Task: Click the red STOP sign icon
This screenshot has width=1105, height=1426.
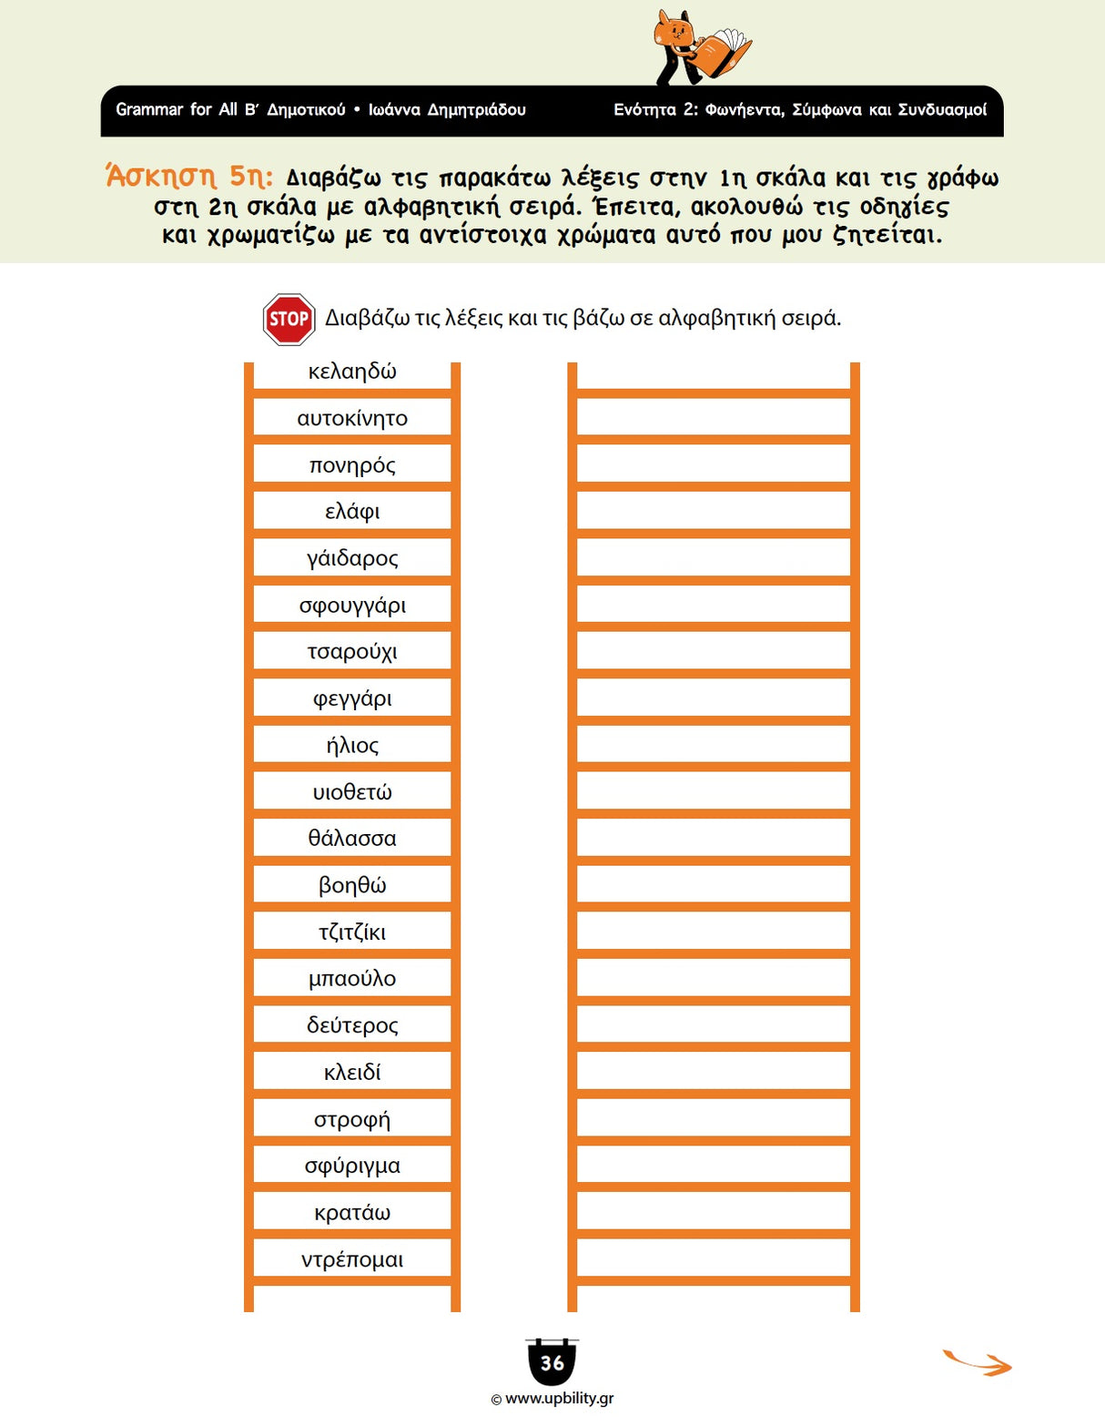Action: pyautogui.click(x=289, y=319)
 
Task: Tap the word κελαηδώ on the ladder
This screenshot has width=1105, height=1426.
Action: pyautogui.click(x=352, y=372)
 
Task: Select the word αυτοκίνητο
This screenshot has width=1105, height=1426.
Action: pyautogui.click(x=352, y=419)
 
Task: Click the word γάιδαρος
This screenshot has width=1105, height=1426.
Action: pyautogui.click(x=352, y=558)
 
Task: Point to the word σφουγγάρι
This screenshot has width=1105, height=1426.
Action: pyautogui.click(x=352, y=606)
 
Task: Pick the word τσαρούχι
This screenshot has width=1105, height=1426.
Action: pyautogui.click(x=352, y=652)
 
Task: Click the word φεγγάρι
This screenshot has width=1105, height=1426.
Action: pyautogui.click(x=352, y=699)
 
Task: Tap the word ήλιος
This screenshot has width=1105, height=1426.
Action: pyautogui.click(x=352, y=746)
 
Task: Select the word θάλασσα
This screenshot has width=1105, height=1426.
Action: pyautogui.click(x=352, y=839)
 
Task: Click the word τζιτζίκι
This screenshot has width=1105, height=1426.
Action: pyautogui.click(x=352, y=932)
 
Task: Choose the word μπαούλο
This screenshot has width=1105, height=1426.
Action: pyautogui.click(x=352, y=979)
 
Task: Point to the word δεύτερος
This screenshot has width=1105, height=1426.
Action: pyautogui.click(x=352, y=1026)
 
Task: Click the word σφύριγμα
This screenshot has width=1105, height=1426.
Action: pyautogui.click(x=352, y=1166)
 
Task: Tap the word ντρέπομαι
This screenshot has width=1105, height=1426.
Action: pyautogui.click(x=352, y=1260)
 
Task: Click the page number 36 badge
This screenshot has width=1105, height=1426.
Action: pyautogui.click(x=552, y=1362)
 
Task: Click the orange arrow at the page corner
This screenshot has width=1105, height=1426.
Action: pyautogui.click(x=978, y=1362)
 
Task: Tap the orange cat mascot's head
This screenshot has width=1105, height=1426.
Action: pyautogui.click(x=674, y=33)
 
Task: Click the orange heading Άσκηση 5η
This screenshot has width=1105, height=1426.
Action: pyautogui.click(x=189, y=176)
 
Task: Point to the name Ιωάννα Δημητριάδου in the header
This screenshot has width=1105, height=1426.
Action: pyautogui.click(x=447, y=110)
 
